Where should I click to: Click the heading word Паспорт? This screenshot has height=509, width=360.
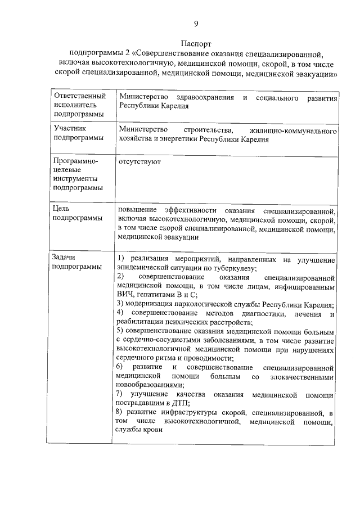pos(196,43)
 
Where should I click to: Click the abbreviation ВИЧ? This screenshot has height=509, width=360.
pos(125,296)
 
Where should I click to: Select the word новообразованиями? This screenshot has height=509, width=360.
pos(149,385)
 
